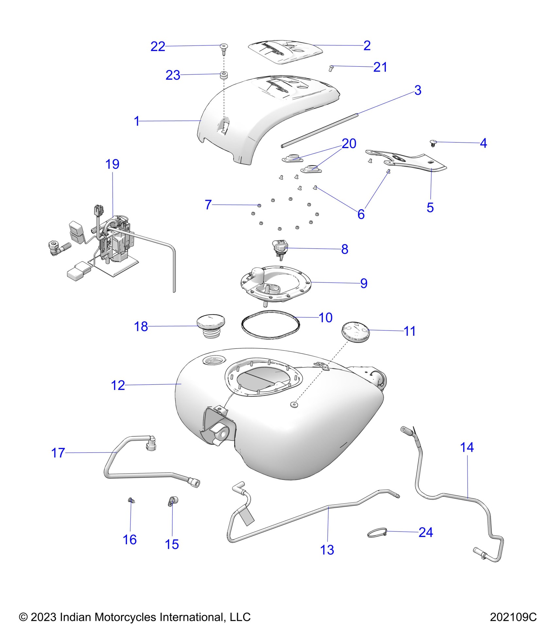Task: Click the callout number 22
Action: pyautogui.click(x=158, y=47)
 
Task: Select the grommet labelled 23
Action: pyautogui.click(x=224, y=75)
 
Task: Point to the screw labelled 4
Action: pyautogui.click(x=433, y=143)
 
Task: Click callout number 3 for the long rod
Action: pyautogui.click(x=418, y=91)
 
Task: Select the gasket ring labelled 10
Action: pyautogui.click(x=270, y=325)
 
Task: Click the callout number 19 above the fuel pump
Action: pyautogui.click(x=112, y=164)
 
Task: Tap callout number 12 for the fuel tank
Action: pyautogui.click(x=118, y=385)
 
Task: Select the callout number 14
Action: pyautogui.click(x=467, y=448)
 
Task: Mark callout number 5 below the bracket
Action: pyautogui.click(x=430, y=208)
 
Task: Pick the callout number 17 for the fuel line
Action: pyautogui.click(x=58, y=453)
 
